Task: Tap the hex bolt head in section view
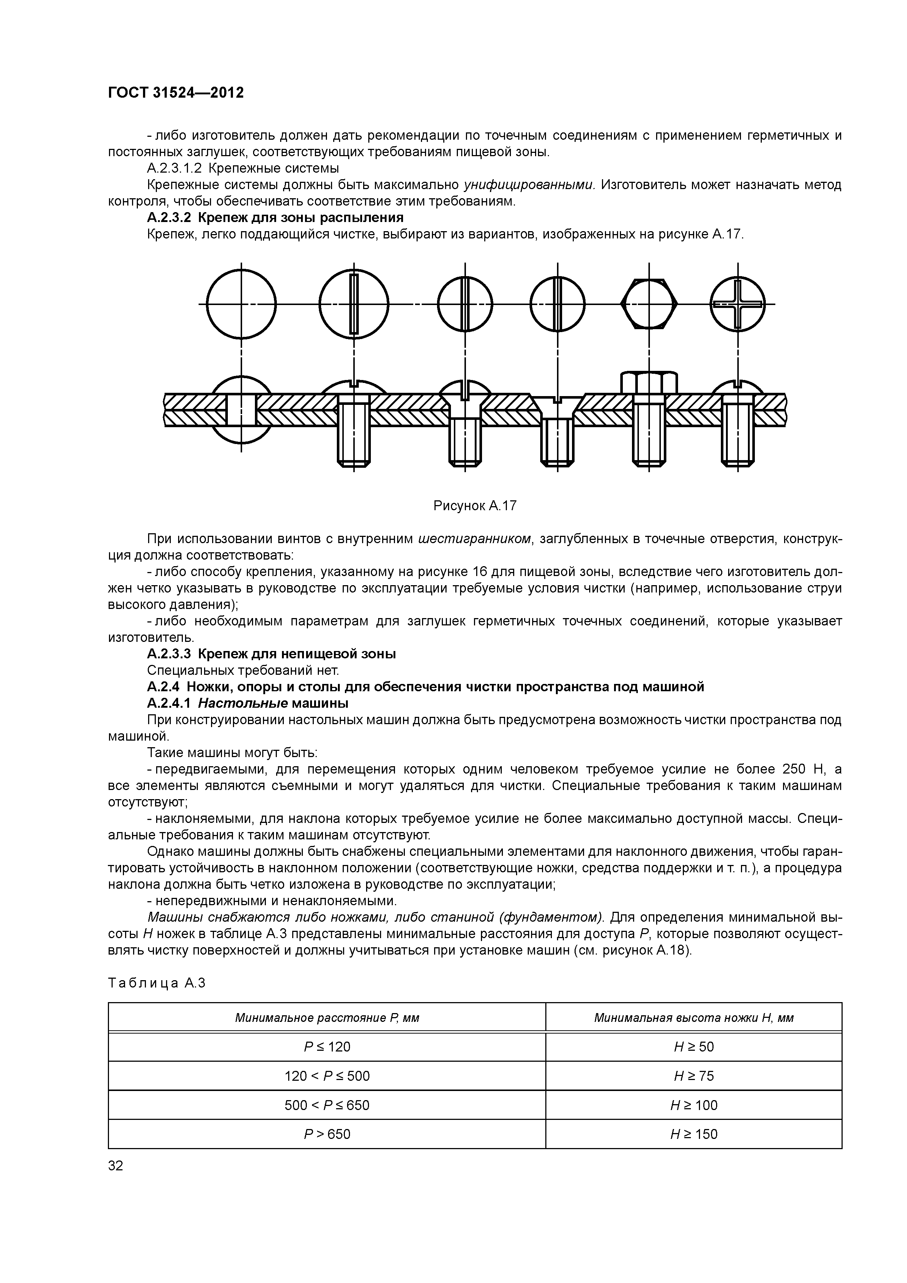649,383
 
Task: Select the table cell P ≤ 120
327,1047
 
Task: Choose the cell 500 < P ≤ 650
327,1105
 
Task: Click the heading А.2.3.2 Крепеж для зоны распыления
275,217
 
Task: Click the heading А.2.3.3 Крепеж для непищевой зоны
272,654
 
